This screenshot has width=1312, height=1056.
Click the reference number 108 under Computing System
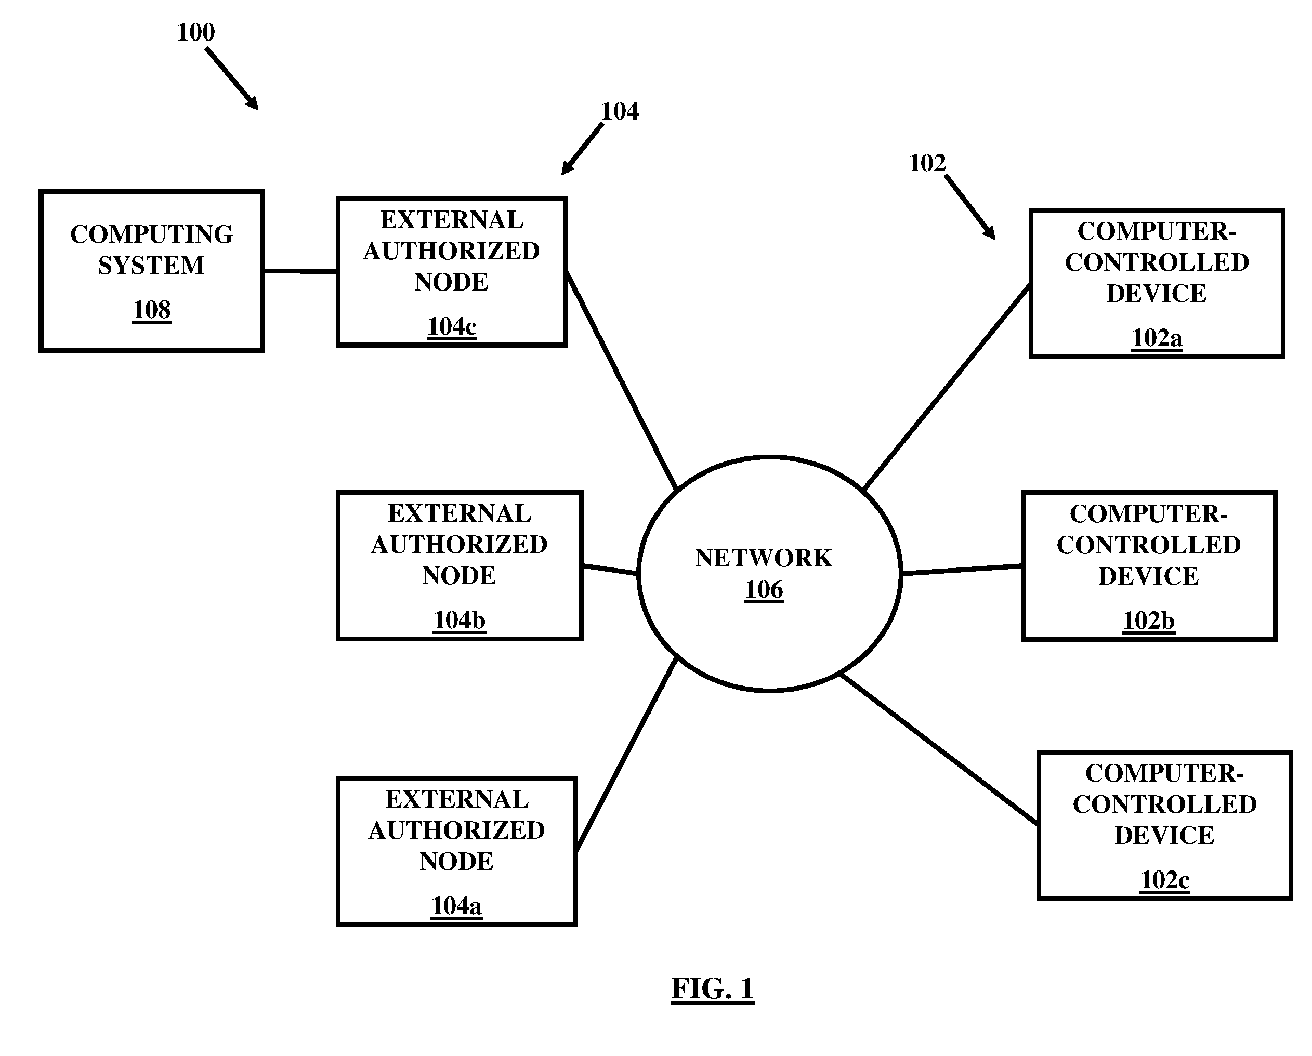[152, 310]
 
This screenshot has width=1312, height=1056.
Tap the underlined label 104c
[452, 327]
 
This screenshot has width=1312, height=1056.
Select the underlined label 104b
[460, 621]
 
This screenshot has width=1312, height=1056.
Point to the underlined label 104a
[456, 906]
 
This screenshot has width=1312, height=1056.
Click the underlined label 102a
[1157, 338]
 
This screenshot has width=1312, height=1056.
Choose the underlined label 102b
[1149, 621]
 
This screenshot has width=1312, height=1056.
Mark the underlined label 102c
[1165, 880]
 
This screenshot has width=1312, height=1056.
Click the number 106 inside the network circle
[764, 590]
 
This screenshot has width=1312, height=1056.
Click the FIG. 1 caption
[713, 988]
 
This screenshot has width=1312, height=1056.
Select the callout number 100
[195, 32]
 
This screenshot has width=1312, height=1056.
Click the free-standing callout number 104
[620, 111]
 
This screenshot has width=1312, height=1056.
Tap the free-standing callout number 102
[927, 163]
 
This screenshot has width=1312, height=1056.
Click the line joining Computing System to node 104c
[300, 271]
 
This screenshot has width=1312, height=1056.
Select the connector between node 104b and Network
[610, 570]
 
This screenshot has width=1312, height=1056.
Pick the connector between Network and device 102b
[962, 570]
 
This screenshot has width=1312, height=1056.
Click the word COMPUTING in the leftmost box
[152, 235]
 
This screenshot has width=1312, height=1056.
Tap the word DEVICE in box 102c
[1165, 836]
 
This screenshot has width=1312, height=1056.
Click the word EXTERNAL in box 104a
[457, 799]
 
